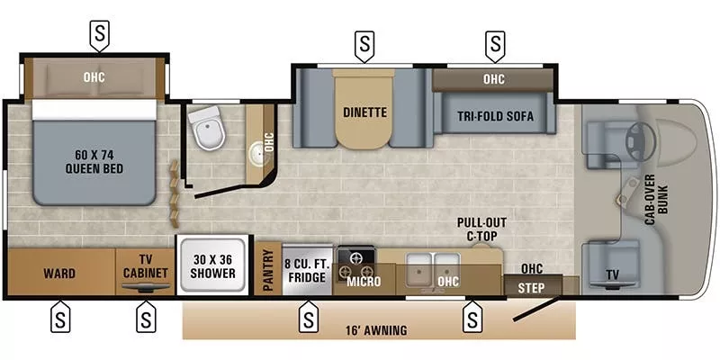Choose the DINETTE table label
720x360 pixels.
tap(364, 113)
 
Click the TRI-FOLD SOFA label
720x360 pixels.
tap(494, 116)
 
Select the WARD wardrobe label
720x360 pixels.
tap(60, 273)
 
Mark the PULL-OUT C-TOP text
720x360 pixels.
tap(477, 229)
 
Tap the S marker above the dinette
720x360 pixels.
tap(364, 42)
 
